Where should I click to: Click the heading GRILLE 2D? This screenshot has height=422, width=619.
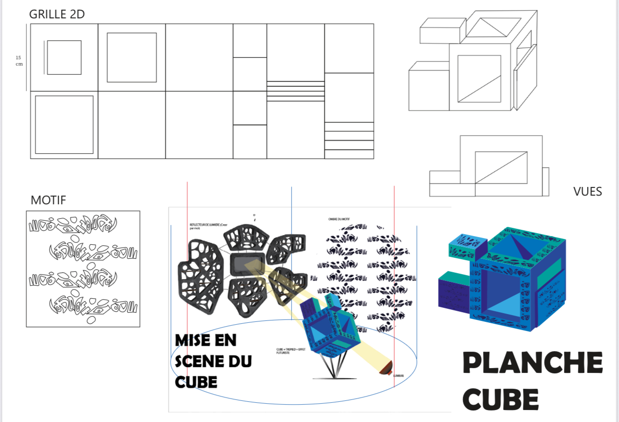coord(57,14)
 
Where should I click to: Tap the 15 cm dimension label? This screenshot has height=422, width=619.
coord(19,61)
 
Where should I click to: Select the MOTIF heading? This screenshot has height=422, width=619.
coord(48,200)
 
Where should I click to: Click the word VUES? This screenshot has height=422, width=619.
coord(588,192)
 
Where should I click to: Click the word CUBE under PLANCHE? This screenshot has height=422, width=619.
coord(503,399)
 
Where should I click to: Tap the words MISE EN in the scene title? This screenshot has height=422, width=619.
coord(206,340)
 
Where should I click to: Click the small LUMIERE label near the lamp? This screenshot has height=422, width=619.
coord(398,375)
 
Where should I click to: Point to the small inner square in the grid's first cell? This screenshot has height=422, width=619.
coord(64,57)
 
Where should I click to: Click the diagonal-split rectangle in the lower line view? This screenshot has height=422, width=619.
coord(501,167)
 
